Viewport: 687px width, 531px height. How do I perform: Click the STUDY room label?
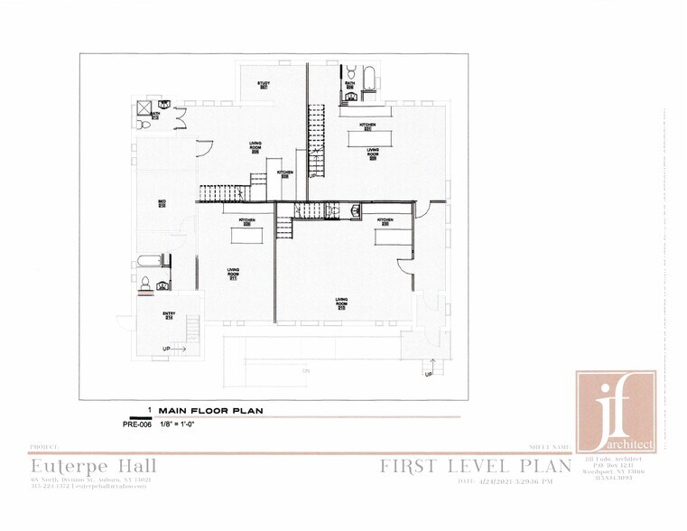point(264,85)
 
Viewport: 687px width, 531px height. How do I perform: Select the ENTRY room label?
point(168,315)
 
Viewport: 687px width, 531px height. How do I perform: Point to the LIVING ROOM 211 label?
point(233,276)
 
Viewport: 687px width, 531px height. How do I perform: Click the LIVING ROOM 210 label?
point(342,302)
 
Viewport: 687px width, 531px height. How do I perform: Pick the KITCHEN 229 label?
point(245,221)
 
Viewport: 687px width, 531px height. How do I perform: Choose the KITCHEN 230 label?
point(384,221)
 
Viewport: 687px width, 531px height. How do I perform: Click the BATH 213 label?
point(155,116)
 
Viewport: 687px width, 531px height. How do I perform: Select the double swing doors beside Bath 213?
point(181,117)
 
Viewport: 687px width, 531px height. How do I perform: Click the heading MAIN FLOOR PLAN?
point(209,410)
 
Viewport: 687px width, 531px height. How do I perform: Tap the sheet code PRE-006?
point(137,424)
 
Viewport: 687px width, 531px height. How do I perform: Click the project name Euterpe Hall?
point(93,466)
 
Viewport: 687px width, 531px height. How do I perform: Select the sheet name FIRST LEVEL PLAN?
point(475,466)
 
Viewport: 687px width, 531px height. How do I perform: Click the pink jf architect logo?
point(617,410)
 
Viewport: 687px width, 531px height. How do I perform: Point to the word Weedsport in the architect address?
point(598,472)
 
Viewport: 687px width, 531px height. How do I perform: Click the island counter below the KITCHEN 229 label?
point(245,235)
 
